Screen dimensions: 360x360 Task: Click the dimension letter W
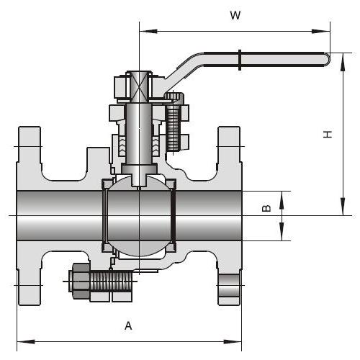(x=235, y=15)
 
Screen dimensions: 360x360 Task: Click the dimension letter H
(x=328, y=134)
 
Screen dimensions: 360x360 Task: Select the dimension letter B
(x=266, y=208)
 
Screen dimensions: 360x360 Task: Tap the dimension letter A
(x=128, y=326)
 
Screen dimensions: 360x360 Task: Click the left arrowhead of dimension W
(x=148, y=31)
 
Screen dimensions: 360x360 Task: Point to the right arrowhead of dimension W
(x=321, y=31)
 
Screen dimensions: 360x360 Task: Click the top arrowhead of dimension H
(x=343, y=62)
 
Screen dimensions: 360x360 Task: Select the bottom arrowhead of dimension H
(x=343, y=207)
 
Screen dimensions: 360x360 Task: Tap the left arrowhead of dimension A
(x=26, y=341)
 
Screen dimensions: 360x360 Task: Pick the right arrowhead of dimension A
(x=233, y=341)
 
